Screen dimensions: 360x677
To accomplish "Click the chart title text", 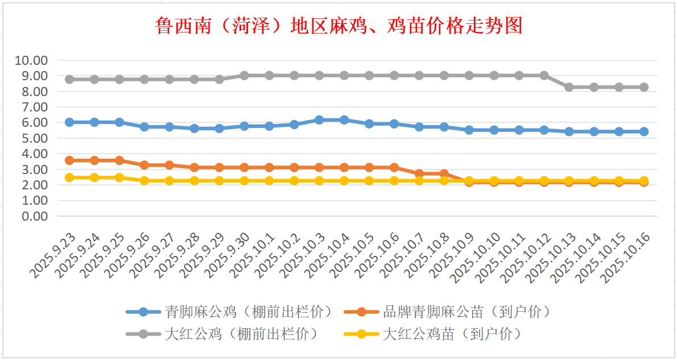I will coord(338,26).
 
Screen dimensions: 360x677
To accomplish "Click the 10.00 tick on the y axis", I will coord(32,60).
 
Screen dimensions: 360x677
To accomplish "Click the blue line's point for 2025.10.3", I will coord(319,120).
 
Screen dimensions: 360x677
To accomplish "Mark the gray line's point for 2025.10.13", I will coord(569,87).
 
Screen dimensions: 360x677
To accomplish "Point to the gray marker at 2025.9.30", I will coord(244,76).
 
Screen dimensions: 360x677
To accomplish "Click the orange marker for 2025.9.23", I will coord(69,160).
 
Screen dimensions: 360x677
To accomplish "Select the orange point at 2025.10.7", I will coord(419,174).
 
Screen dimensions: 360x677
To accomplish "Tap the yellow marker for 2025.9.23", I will coord(69,177).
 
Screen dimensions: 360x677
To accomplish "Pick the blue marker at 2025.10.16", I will coord(644,131).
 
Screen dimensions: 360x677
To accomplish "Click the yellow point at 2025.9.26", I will coord(145,181).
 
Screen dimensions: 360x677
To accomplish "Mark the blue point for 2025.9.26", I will coord(145,127).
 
